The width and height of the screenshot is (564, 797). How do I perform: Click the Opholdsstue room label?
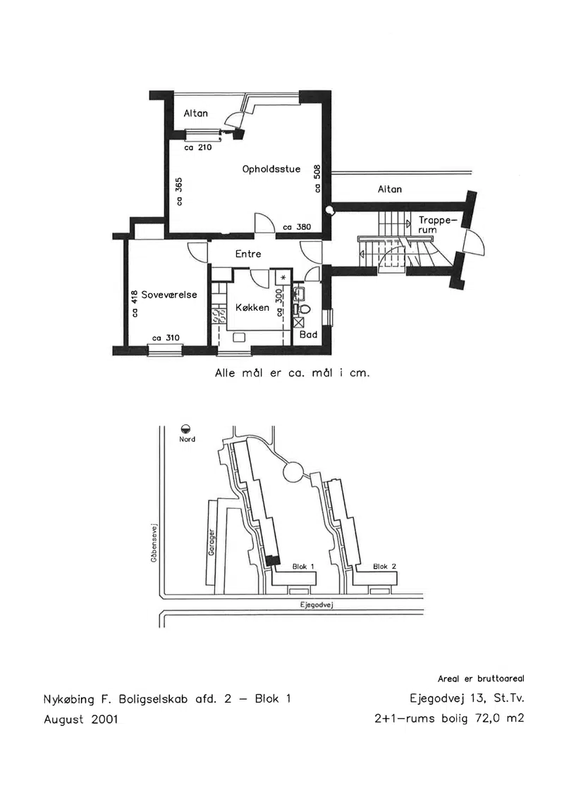pos(271,169)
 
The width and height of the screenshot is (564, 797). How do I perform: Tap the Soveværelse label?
pos(169,295)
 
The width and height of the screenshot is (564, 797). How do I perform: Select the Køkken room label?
pos(252,307)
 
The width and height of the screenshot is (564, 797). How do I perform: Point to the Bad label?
pos(308,335)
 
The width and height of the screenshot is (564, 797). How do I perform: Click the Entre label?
pos(248,254)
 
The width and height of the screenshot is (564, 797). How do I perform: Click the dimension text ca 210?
pos(198,147)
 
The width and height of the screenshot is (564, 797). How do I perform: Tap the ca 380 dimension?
pos(297,227)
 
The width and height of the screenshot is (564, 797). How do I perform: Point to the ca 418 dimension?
pos(134,304)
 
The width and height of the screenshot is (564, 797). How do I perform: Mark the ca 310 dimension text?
pos(166,338)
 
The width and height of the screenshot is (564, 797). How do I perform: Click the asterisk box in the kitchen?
pos(283,278)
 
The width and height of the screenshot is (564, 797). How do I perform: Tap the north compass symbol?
pos(187,429)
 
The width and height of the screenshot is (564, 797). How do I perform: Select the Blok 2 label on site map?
pos(384,567)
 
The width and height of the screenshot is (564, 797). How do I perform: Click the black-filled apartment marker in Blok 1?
pos(273,561)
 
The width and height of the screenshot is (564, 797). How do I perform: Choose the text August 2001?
pos(81,719)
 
